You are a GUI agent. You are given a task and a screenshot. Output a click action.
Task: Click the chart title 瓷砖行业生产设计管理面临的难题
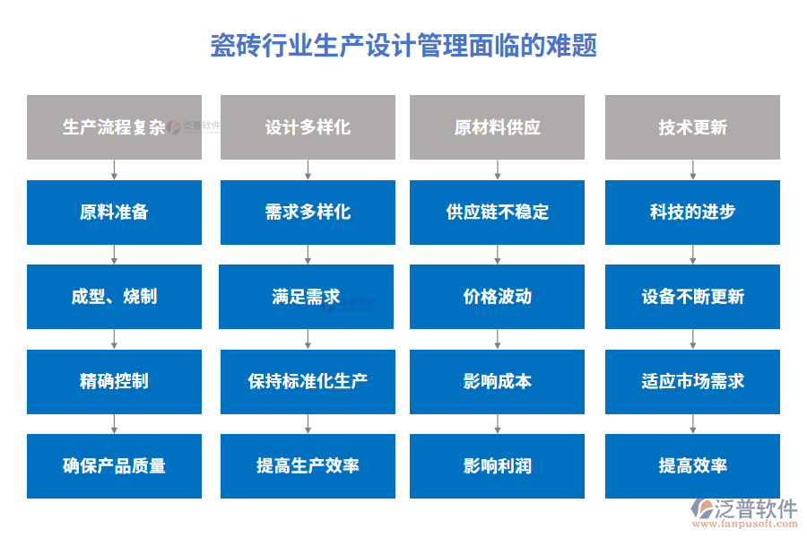coord(403,45)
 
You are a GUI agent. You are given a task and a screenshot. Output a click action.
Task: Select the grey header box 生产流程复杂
coord(114,127)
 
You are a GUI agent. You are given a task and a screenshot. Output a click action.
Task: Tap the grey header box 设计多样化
coord(308,127)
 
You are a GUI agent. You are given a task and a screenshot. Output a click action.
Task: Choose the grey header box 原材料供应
coord(497,127)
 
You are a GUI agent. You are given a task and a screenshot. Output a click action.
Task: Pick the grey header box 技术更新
coord(692,127)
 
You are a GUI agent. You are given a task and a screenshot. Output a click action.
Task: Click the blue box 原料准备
coord(114,213)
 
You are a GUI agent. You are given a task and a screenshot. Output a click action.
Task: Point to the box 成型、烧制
coord(114,297)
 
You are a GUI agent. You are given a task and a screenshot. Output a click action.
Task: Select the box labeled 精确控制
coord(114,381)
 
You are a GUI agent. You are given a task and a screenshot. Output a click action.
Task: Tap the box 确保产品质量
coord(114,466)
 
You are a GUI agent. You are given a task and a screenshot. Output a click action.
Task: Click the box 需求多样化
coord(308,213)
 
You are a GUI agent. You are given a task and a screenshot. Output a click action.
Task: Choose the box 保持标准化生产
coord(308,381)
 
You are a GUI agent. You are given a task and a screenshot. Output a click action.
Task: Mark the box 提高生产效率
coord(308,466)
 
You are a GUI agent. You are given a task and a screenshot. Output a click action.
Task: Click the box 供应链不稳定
coord(497,213)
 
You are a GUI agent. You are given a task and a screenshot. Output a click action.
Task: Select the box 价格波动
coord(497,297)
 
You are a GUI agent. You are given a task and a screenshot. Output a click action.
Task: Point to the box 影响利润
coord(497,466)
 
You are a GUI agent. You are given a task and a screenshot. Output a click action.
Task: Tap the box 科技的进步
coord(692,213)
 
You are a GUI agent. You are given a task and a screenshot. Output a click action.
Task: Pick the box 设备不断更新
coord(692,297)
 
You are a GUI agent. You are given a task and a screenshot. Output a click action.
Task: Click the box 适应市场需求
coord(692,381)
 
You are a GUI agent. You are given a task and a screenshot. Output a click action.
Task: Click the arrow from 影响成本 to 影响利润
coord(497,424)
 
